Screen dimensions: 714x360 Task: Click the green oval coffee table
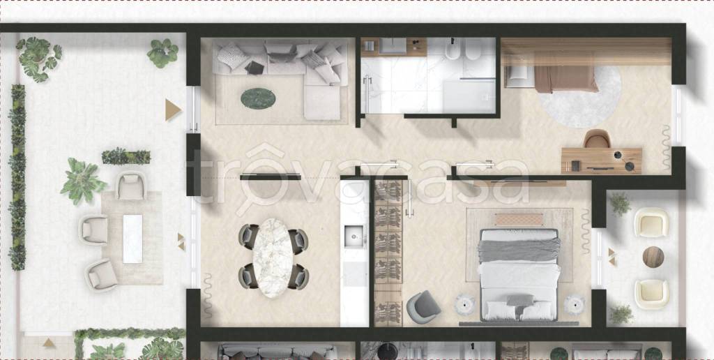(258, 98)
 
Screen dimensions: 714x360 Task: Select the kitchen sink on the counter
(354, 236)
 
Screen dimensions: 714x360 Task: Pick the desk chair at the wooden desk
(597, 139)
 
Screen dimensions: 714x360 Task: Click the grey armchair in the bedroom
(423, 306)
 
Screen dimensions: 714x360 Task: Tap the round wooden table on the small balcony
(653, 257)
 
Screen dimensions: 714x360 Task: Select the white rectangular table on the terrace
(132, 239)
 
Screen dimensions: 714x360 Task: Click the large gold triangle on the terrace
(173, 110)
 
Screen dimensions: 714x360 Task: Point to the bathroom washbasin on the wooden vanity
(393, 46)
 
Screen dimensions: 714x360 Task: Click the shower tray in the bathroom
(469, 96)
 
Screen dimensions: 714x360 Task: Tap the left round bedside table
(464, 305)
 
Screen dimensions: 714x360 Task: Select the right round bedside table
(574, 305)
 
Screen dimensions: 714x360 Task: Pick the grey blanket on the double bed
(519, 250)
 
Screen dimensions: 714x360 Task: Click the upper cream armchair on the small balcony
(651, 223)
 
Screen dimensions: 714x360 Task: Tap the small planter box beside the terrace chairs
(126, 156)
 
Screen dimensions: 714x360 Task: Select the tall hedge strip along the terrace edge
(17, 177)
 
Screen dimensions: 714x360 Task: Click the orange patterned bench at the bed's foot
(519, 220)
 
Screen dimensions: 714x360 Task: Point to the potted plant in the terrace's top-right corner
(162, 53)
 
